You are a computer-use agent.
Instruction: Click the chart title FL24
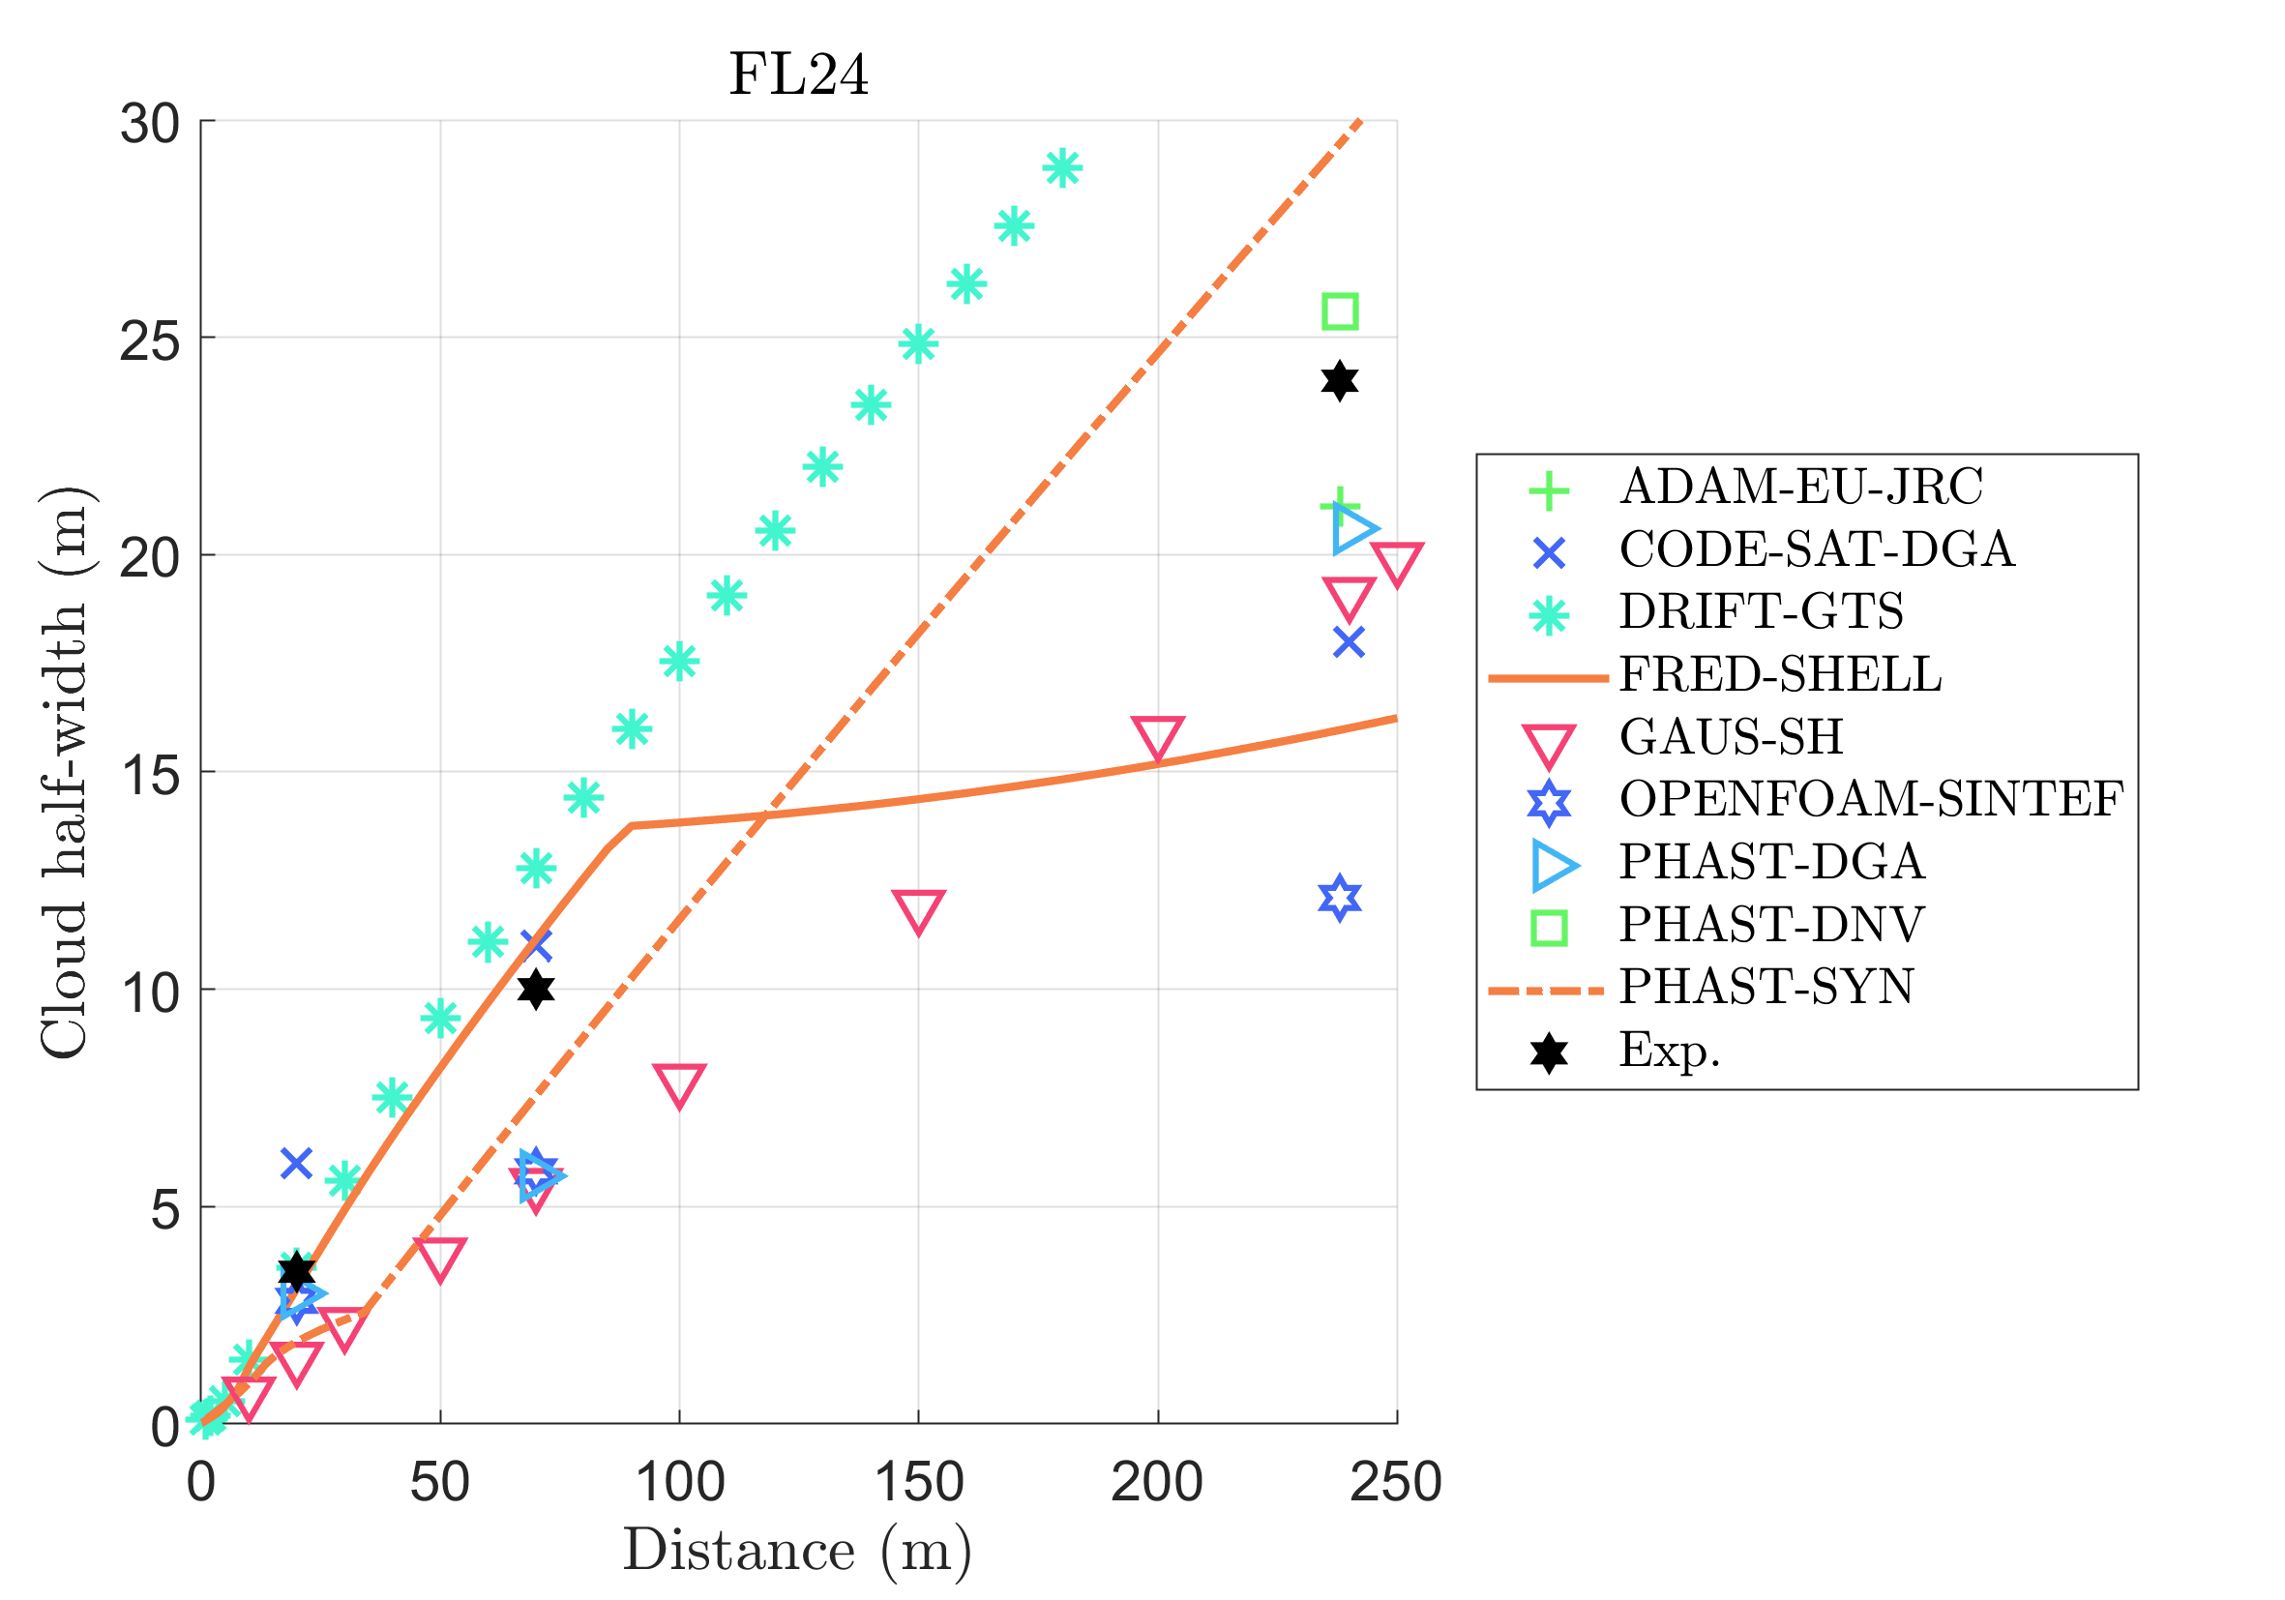(x=798, y=74)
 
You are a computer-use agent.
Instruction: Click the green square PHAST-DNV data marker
(x=1340, y=312)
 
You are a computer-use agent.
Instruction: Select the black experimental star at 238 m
(x=1340, y=381)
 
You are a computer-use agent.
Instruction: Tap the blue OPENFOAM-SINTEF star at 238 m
(x=1340, y=899)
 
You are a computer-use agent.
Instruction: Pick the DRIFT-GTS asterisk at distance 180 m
(x=1062, y=168)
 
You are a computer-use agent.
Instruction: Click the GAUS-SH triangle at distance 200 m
(x=1157, y=737)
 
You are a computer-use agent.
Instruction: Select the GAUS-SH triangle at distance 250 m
(x=1396, y=564)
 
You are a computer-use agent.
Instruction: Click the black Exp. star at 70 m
(x=535, y=989)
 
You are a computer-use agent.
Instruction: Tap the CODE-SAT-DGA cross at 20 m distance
(x=296, y=1162)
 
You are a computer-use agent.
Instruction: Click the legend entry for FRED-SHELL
(x=1779, y=674)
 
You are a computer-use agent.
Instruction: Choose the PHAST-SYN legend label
(x=1766, y=987)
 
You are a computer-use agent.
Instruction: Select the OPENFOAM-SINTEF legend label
(x=1870, y=799)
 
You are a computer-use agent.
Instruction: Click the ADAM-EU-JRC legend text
(x=1800, y=488)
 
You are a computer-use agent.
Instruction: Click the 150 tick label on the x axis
(x=918, y=1483)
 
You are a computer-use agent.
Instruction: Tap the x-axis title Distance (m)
(x=797, y=1552)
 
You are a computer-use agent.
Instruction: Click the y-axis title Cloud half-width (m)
(x=65, y=773)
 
